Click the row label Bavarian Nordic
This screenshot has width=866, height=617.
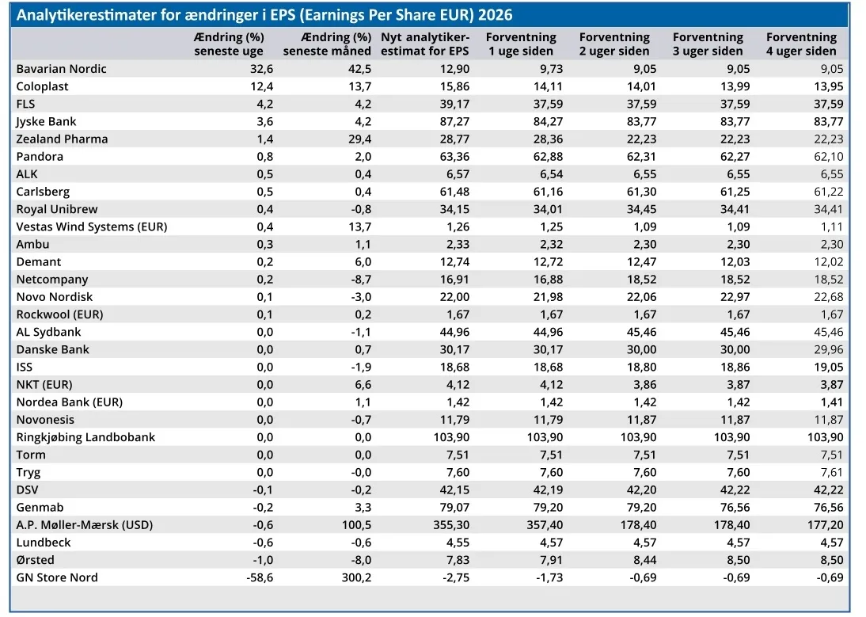point(61,69)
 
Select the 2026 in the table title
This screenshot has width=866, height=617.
point(496,15)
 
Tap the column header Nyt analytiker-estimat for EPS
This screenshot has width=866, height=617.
point(425,44)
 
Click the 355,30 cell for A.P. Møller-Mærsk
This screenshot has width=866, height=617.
point(451,525)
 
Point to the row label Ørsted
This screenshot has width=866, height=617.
point(36,560)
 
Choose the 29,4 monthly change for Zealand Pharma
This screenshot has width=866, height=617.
point(359,139)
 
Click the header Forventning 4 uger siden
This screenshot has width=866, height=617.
point(801,44)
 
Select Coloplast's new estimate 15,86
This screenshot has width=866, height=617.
point(454,86)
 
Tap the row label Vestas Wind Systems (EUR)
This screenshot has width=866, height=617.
point(92,227)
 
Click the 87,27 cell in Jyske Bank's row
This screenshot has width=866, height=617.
point(454,121)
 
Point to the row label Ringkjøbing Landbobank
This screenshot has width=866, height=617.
point(85,437)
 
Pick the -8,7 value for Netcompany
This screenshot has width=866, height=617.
point(361,280)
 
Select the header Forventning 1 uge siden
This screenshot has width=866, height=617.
point(521,44)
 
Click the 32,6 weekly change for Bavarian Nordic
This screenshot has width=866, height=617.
point(262,69)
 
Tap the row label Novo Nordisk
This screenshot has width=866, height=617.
point(55,297)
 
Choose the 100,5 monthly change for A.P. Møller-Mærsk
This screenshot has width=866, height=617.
point(356,525)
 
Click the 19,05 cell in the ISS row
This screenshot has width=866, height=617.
point(829,368)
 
